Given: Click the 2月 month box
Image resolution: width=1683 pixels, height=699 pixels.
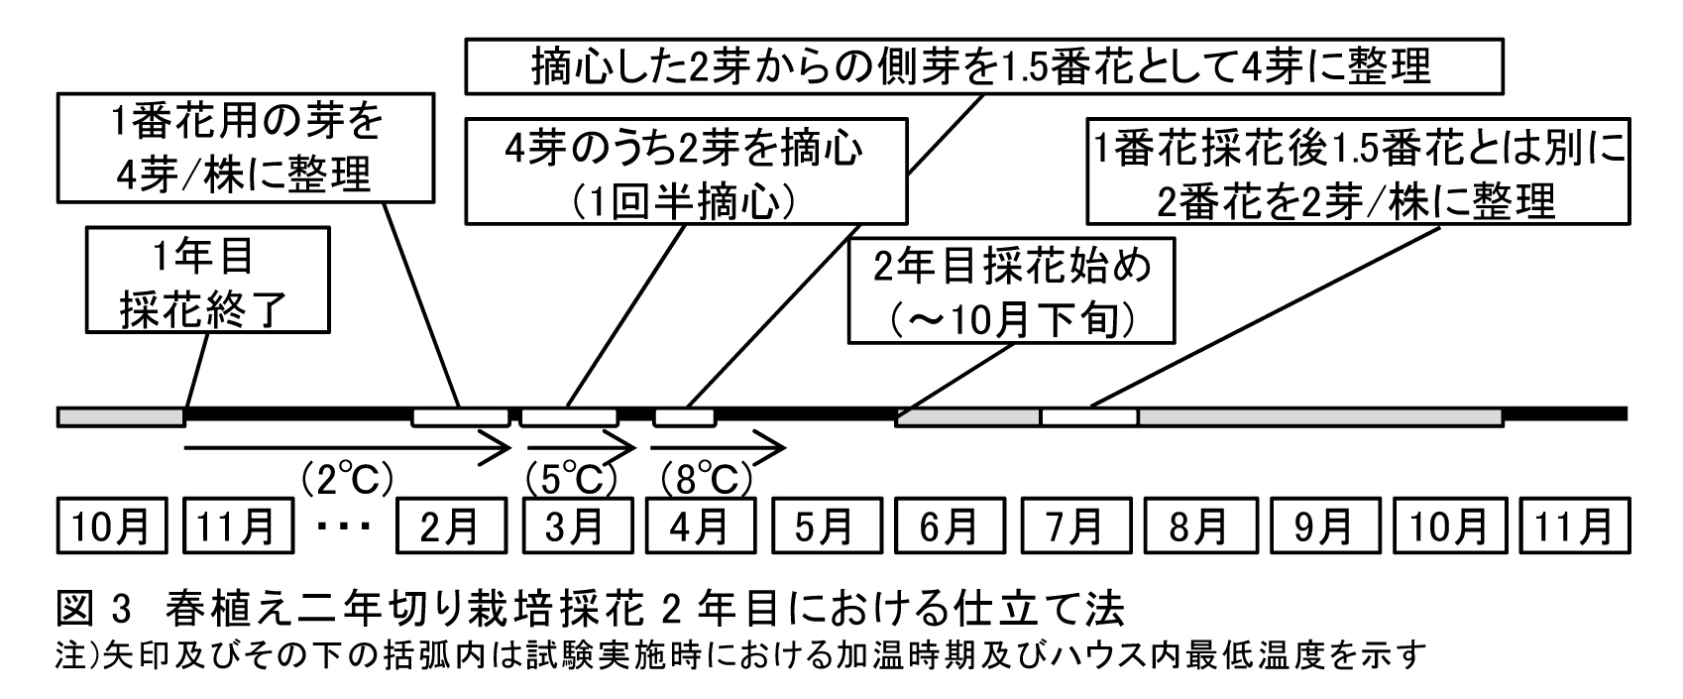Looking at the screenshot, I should point(450,526).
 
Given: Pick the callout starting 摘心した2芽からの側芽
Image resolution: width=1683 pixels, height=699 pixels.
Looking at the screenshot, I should point(984,66).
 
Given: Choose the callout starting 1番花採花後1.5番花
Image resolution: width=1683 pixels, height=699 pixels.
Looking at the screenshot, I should point(1358,173).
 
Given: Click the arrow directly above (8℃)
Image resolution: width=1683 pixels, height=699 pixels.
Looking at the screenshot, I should point(719,448).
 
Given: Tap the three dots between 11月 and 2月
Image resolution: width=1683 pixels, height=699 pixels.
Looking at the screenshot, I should point(346,526).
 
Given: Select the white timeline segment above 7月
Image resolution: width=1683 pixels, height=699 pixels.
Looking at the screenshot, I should point(1088,416).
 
